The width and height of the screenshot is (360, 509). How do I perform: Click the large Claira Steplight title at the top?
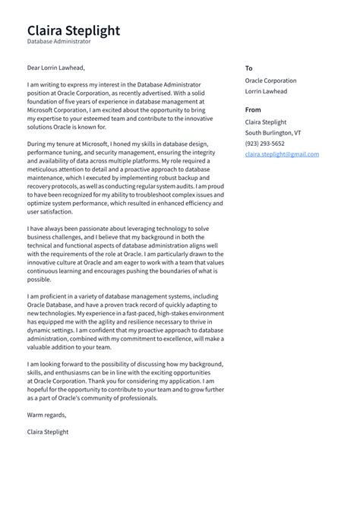[73, 31]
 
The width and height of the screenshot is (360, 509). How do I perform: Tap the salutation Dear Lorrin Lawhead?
[56, 67]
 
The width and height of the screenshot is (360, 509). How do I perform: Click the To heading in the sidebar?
[248, 68]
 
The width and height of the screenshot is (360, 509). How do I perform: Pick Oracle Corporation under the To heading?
[270, 81]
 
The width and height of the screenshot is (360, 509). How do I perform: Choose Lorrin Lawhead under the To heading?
[266, 91]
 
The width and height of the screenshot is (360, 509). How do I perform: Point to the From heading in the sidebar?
[253, 109]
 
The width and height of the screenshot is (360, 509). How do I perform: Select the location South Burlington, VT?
[273, 133]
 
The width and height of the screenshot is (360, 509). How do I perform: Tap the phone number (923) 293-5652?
[265, 144]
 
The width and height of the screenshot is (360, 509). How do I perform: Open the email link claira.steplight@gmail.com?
[282, 154]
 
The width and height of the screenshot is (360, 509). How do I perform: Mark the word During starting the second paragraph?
[39, 144]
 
